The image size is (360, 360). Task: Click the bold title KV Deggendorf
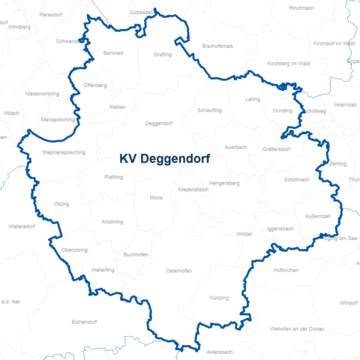tap(164, 159)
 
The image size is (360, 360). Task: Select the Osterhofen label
tap(179, 271)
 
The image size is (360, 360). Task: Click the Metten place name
tap(118, 107)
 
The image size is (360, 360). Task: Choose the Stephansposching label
tap(64, 152)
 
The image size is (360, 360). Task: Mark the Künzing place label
tap(219, 298)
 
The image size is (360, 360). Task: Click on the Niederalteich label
tap(194, 190)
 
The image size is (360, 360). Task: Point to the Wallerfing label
tap(102, 269)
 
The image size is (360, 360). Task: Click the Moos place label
tap(156, 197)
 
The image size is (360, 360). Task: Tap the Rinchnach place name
tap(301, 7)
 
